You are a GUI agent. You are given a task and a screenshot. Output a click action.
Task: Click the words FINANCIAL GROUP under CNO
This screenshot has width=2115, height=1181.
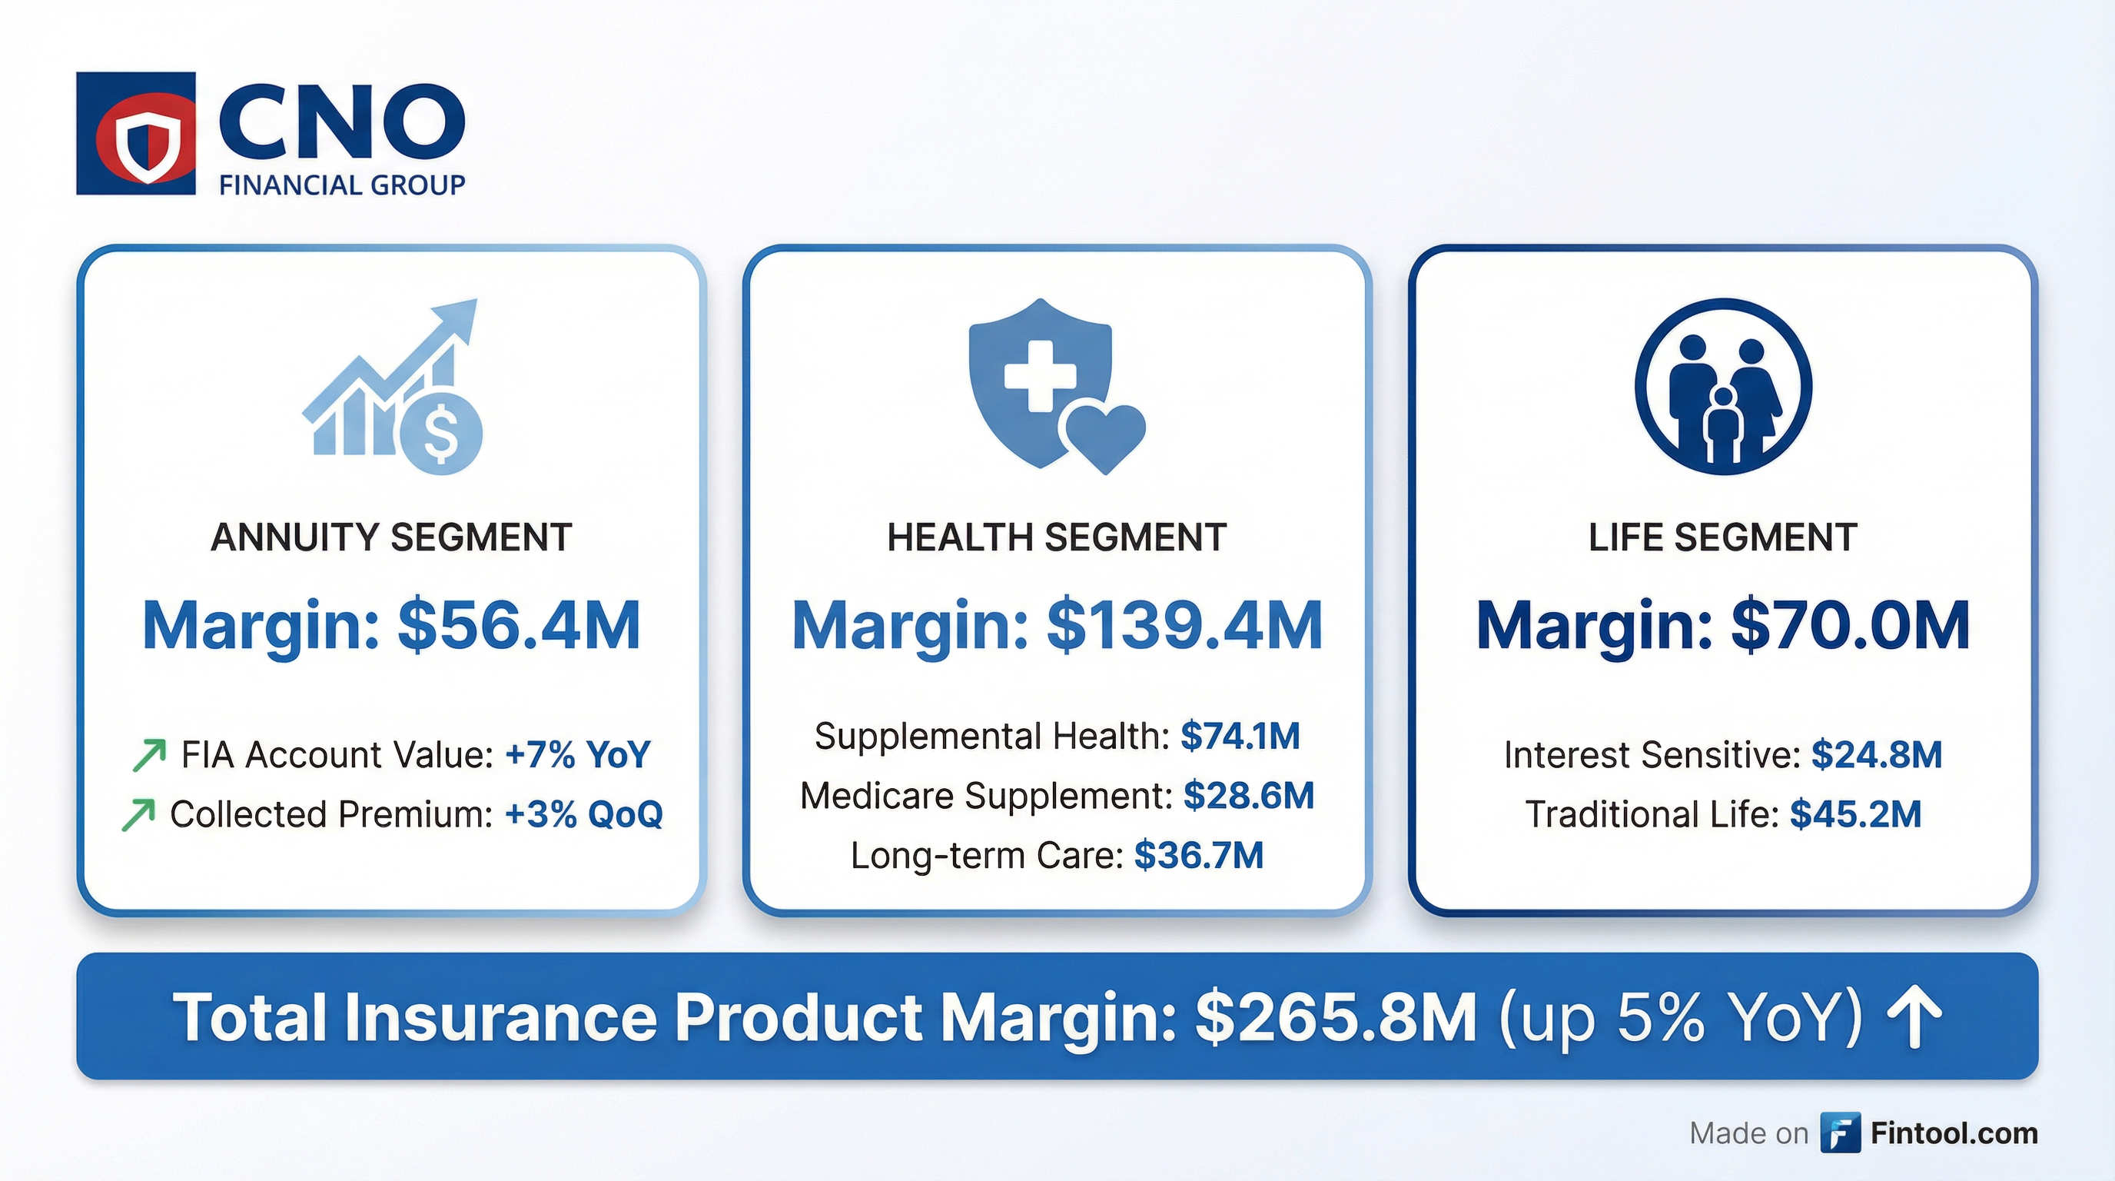coord(341,185)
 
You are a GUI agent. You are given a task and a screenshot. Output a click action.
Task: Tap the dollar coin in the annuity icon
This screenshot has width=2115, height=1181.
coord(442,434)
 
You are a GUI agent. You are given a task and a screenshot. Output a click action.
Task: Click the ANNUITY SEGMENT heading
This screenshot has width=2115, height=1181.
coord(391,538)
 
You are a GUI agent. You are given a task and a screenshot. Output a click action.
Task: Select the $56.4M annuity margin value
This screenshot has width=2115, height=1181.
coord(518,626)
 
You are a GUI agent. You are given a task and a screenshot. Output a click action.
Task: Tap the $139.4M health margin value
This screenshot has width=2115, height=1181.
coord(1184,626)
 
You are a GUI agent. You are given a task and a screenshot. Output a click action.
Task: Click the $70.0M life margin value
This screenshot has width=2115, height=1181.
coord(1850,626)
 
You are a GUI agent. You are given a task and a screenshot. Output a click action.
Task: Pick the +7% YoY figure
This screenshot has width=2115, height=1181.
coord(578,755)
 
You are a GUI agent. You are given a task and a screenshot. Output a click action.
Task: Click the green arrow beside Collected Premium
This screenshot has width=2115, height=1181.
coord(138,815)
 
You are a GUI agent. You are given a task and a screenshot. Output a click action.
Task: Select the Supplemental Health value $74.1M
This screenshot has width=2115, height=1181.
coord(1240,736)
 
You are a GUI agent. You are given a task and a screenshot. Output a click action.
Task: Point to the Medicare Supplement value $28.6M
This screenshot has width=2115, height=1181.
coord(1248,796)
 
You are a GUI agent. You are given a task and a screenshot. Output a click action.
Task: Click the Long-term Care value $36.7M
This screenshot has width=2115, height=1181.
coord(1198,856)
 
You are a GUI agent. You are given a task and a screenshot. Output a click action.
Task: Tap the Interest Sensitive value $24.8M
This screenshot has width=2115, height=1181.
coord(1876,755)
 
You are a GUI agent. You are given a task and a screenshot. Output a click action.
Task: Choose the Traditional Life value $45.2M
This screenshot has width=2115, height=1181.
coord(1855,815)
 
